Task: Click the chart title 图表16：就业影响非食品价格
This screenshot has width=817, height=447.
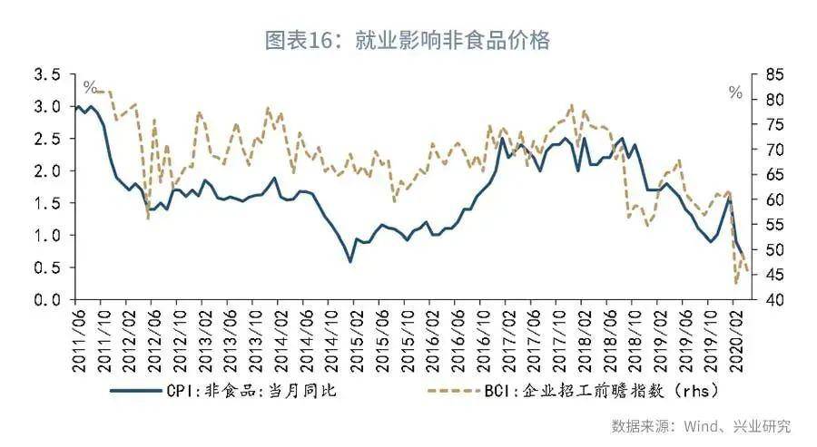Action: click(x=408, y=40)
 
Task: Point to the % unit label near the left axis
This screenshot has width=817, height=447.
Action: click(x=90, y=87)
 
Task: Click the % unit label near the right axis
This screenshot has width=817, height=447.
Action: click(x=734, y=92)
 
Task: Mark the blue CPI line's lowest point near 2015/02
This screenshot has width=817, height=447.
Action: click(x=350, y=262)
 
